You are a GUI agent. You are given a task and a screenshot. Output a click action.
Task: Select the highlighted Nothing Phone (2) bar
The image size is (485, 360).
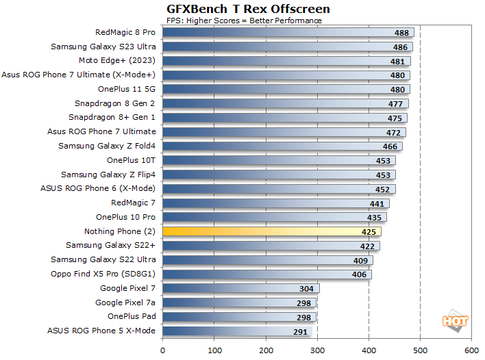(274, 231)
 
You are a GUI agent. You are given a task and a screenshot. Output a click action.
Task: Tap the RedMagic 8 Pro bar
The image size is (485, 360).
(288, 32)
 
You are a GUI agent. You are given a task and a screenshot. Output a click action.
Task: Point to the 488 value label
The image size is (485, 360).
(402, 33)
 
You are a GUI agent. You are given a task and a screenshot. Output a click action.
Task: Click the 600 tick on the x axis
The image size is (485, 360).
(471, 350)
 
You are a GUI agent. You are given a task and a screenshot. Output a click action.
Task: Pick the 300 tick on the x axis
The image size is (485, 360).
(317, 350)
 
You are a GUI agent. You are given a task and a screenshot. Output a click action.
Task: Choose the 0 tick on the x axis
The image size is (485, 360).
(163, 350)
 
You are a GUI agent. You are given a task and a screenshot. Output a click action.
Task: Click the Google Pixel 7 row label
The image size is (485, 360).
(128, 288)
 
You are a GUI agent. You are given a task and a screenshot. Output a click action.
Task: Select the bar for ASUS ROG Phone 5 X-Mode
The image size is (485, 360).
(237, 331)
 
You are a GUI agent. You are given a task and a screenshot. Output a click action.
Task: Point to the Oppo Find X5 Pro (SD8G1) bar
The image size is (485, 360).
(267, 274)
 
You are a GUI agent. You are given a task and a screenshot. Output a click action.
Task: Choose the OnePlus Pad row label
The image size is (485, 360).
(132, 316)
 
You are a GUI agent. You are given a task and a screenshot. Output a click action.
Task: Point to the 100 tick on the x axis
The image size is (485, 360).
(214, 350)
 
